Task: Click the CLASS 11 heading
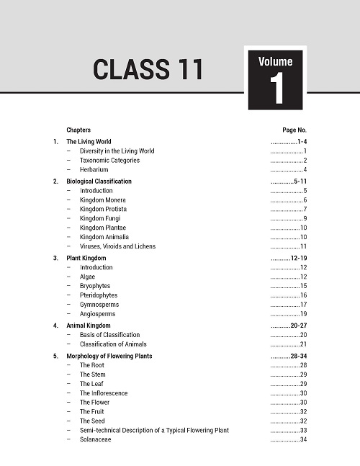coord(148,70)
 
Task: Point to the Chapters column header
coord(78,130)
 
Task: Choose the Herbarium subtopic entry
coord(94,169)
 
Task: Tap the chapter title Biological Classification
coord(99,182)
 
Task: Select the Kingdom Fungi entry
coord(100,218)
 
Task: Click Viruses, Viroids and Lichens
coord(117,246)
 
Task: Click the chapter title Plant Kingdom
coord(86,258)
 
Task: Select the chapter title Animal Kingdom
coord(89,326)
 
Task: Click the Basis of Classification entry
coord(109,335)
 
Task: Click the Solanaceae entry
coord(95,439)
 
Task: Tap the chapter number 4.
coord(55,326)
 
